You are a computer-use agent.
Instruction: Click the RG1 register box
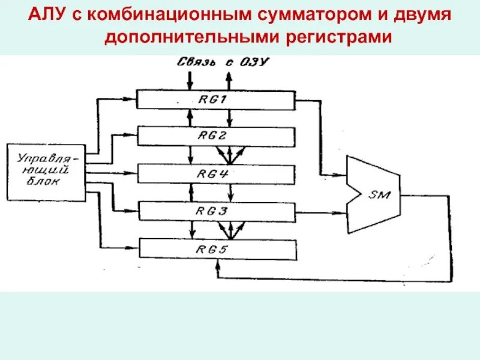click(216, 100)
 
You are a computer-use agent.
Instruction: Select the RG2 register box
click(216, 136)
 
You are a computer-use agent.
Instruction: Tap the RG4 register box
click(216, 174)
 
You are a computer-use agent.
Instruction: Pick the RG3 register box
click(216, 211)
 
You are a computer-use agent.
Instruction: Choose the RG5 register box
click(216, 248)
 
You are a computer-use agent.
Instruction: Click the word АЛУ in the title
click(46, 13)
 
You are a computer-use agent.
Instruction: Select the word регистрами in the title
click(338, 37)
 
